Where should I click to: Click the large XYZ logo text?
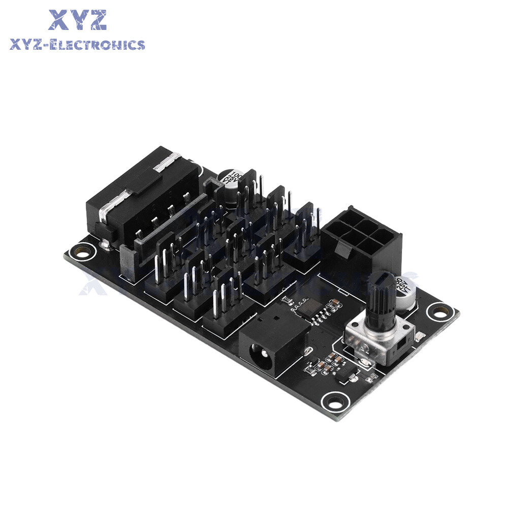point(77,20)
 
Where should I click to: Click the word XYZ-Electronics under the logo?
point(77,45)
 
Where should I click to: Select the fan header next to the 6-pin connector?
point(305,239)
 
